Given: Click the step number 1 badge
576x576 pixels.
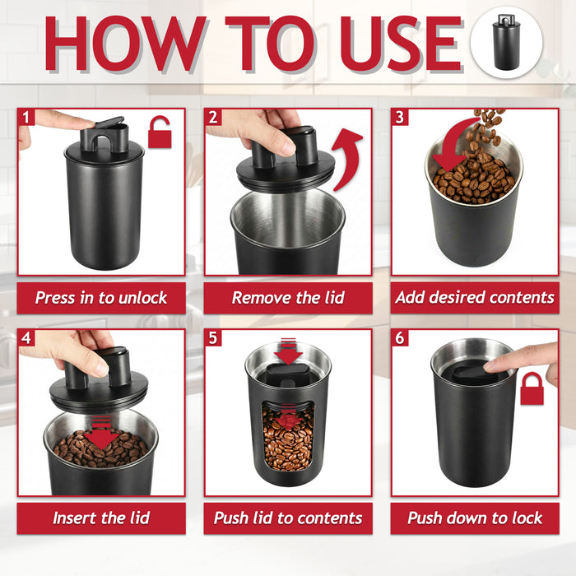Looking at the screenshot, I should click(x=26, y=117).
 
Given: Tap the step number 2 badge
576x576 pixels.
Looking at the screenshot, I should click(x=213, y=117).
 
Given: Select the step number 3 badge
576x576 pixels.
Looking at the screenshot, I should click(x=400, y=117).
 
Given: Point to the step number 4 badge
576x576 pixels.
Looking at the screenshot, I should click(x=26, y=338).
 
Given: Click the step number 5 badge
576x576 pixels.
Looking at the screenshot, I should click(x=213, y=338).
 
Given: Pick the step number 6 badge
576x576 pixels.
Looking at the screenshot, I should click(x=400, y=338).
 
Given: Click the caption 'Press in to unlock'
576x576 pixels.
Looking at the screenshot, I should click(x=101, y=298).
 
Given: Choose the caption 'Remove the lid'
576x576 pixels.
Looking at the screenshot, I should click(x=288, y=298).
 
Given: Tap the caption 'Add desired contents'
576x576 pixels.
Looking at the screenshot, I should click(x=475, y=298).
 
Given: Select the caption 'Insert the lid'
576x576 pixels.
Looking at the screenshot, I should click(x=101, y=518).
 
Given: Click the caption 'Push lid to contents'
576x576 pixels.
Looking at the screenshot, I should click(x=288, y=518).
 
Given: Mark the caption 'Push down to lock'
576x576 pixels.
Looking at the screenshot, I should click(x=475, y=518).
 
